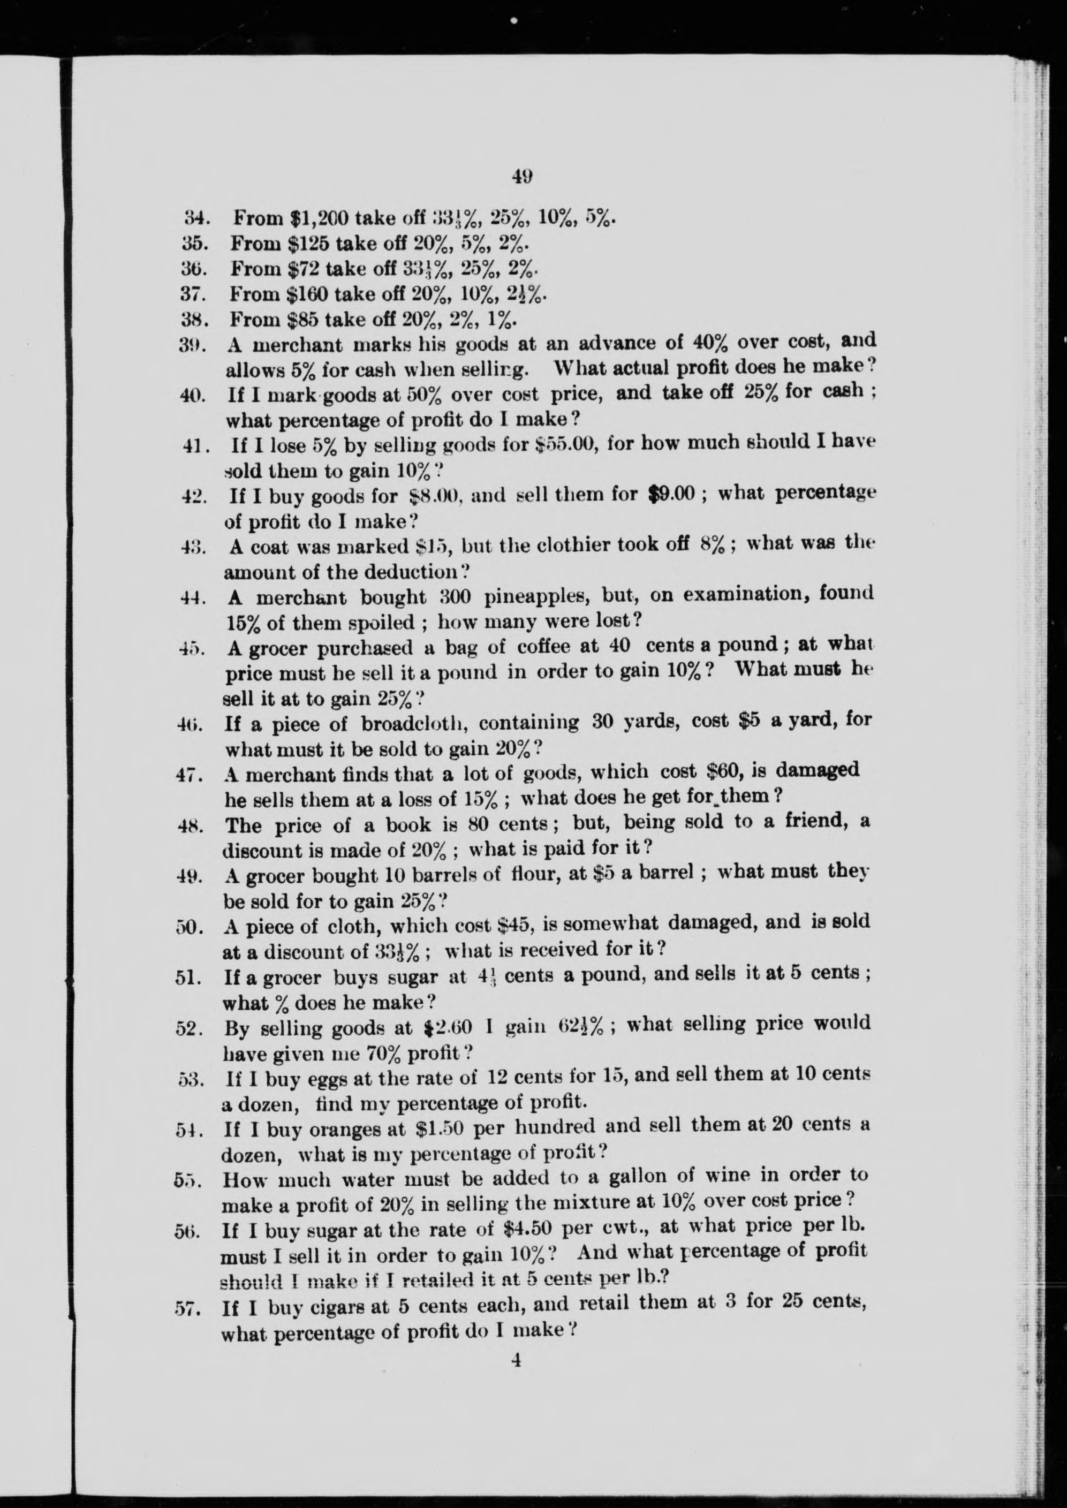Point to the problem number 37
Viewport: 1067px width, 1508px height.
(194, 294)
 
